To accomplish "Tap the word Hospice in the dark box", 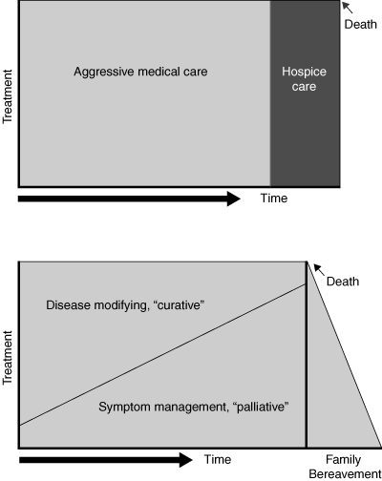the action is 304,72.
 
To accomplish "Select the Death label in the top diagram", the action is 361,24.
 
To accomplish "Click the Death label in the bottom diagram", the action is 343,282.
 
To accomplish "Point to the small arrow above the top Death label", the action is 348,8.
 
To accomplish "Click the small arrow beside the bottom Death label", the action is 320,270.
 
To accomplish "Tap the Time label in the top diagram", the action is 274,199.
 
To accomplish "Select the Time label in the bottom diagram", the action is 218,459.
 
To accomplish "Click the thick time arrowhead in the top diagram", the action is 233,199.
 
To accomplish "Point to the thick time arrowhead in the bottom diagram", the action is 185,460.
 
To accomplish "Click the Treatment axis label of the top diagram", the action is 8,96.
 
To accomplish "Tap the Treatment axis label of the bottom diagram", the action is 8,358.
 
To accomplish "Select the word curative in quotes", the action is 179,305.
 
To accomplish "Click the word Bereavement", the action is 345,474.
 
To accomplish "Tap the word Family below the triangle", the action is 343,460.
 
